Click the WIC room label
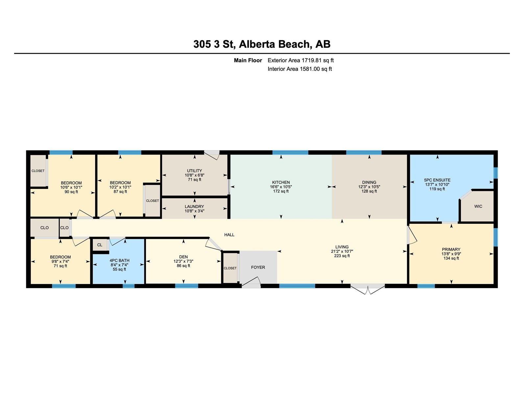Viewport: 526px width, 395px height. coord(478,206)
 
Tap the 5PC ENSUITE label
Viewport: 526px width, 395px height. coord(437,180)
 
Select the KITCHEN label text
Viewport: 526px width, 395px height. coord(281,182)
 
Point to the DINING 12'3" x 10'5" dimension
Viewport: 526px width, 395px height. coord(369,187)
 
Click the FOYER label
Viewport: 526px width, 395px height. coord(258,267)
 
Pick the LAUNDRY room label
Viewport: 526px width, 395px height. coord(194,207)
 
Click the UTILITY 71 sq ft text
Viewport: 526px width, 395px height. coord(194,180)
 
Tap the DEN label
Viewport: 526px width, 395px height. coord(183,257)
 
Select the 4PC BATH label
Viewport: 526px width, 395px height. coord(119,260)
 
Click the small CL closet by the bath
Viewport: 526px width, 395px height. coord(100,245)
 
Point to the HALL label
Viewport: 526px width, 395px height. coord(229,235)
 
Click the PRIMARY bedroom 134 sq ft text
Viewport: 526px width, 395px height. coord(451,258)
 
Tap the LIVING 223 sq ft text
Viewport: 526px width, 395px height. coord(342,256)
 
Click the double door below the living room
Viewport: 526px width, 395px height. coord(368,289)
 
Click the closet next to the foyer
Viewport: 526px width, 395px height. coord(230,268)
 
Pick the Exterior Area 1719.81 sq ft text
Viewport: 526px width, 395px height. coord(300,60)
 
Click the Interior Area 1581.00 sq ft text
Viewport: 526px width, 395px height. coord(299,69)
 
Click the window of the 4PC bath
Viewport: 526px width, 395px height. coord(129,286)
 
